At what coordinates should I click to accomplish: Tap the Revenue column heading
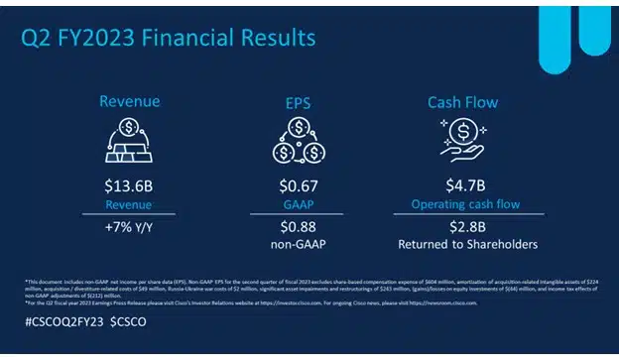[x=129, y=101]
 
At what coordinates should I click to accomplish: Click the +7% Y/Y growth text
[x=129, y=226]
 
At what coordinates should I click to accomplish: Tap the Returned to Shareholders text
[x=466, y=243]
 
